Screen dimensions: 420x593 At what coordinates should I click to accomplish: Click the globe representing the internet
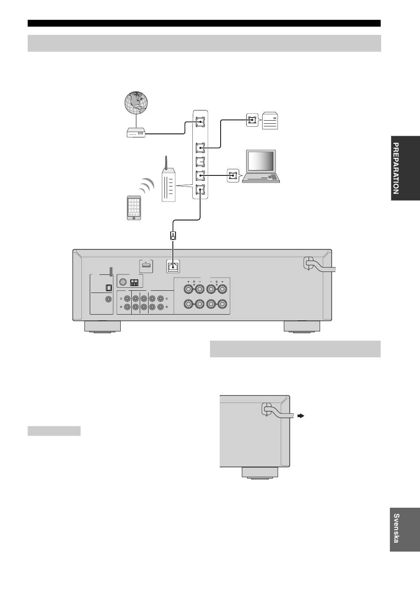pos(136,103)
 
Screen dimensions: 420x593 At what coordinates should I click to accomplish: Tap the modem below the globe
pos(136,133)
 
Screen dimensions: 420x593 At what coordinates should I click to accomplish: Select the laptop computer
pos(261,166)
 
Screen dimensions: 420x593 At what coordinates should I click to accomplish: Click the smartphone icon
pos(134,208)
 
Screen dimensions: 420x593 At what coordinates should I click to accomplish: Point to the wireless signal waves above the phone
pos(147,186)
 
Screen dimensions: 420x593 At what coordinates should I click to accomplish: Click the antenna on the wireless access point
pos(166,163)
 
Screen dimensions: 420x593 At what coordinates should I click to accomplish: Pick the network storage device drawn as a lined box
pos(270,121)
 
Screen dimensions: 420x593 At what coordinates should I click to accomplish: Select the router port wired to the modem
pos(200,122)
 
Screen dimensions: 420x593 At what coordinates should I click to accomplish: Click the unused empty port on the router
pos(200,162)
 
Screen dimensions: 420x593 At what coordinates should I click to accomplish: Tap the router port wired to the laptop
pos(200,175)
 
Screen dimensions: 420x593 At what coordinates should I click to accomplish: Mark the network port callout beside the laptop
pos(233,175)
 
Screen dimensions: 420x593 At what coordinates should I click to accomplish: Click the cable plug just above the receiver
pos(173,236)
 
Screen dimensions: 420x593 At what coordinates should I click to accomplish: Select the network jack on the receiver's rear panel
pos(173,266)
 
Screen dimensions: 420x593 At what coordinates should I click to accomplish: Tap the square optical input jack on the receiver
pos(109,287)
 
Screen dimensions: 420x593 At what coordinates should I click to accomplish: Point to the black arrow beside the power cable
pos(301,416)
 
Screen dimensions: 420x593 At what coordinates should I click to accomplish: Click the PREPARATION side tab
pos(405,168)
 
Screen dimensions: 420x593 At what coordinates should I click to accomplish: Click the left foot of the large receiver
pos(103,327)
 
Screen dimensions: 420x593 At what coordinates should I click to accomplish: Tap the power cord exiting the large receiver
pos(321,266)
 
